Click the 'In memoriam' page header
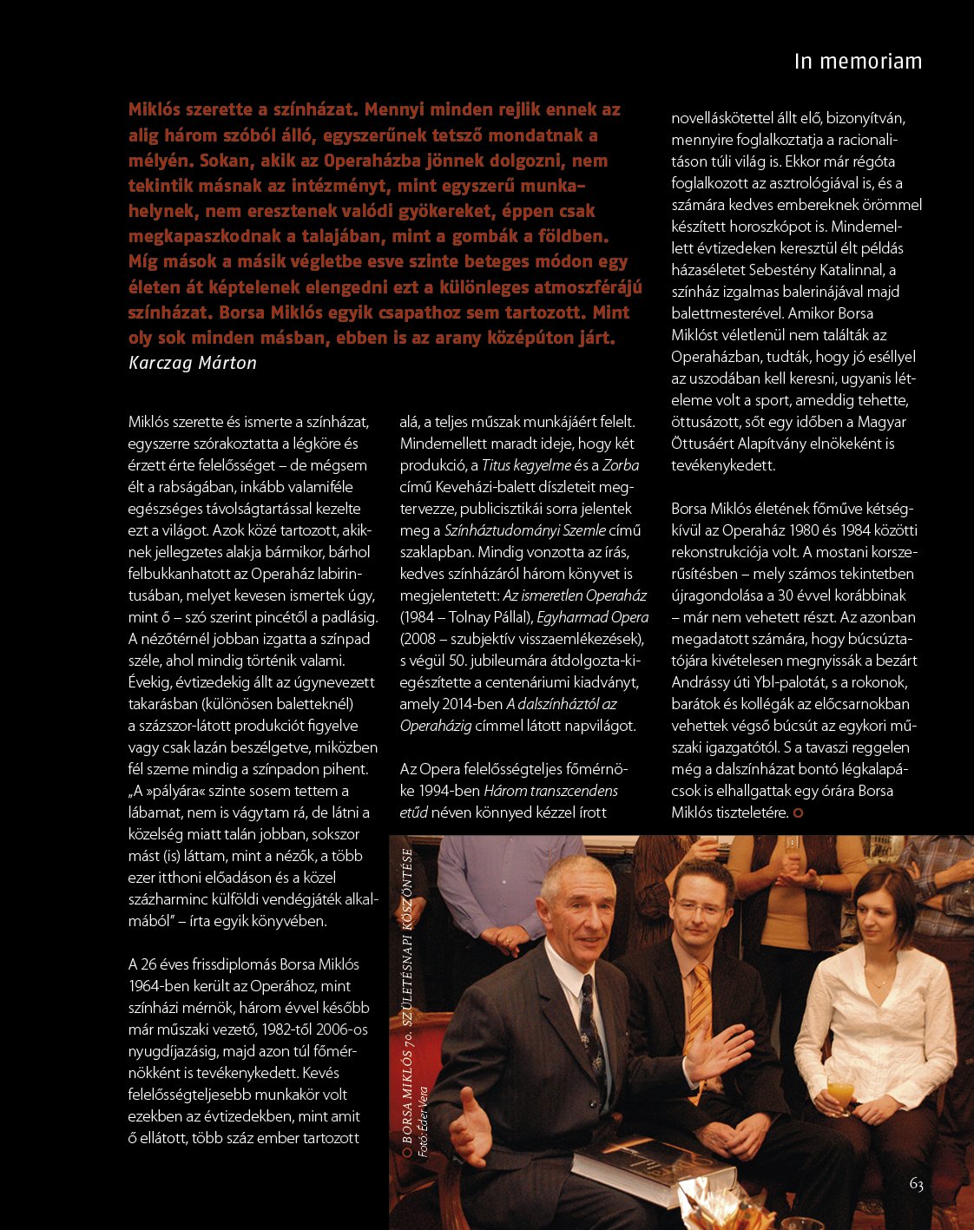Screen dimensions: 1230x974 pyautogui.click(x=857, y=62)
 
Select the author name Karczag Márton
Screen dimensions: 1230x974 pyautogui.click(x=192, y=363)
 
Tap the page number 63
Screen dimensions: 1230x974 pyautogui.click(x=916, y=1184)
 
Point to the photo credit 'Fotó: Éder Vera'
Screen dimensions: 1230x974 pyautogui.click(x=424, y=1121)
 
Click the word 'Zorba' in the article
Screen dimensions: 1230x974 pyautogui.click(x=620, y=465)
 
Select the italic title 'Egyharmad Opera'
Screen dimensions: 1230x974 pyautogui.click(x=592, y=617)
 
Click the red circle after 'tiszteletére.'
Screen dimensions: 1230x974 pyautogui.click(x=798, y=813)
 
